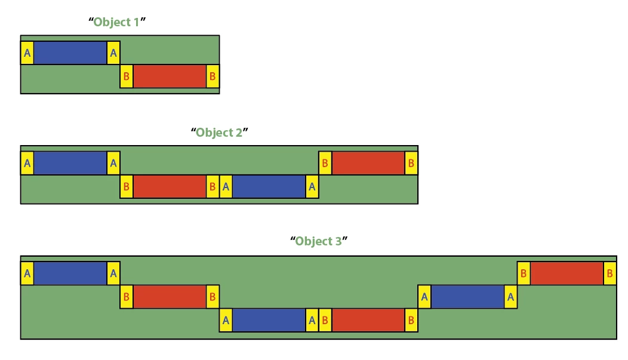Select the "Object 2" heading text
(219, 133)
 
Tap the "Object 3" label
(319, 242)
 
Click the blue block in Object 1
(70, 53)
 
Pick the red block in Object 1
(170, 76)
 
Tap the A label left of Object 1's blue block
(27, 53)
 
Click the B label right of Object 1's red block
(213, 76)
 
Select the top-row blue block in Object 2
(70, 163)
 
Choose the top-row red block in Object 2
(368, 163)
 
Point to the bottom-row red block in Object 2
(170, 186)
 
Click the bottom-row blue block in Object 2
(269, 186)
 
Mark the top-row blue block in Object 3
(70, 273)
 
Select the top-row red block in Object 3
(567, 273)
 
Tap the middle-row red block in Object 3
(170, 297)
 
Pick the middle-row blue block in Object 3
(468, 297)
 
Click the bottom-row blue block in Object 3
(269, 319)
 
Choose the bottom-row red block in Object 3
(368, 319)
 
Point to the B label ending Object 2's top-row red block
(411, 163)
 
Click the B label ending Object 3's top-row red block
(610, 273)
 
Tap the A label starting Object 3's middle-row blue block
(424, 297)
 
